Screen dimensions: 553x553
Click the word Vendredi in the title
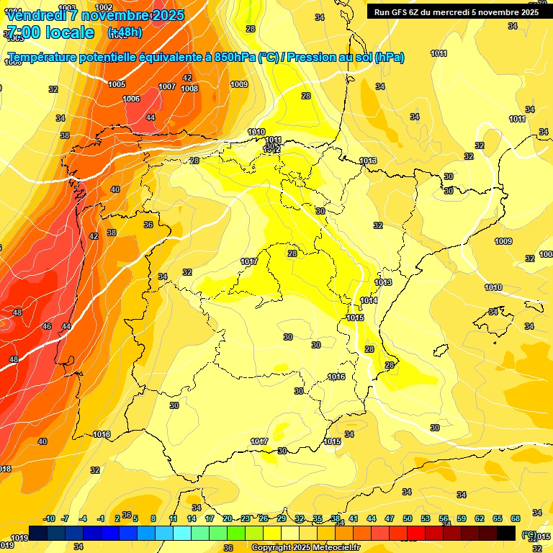click(36, 15)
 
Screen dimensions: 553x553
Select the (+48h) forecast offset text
click(125, 32)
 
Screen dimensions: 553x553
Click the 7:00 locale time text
click(50, 32)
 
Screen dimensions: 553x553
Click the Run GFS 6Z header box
click(457, 12)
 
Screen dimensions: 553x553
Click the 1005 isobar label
click(117, 84)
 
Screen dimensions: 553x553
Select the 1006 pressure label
click(131, 99)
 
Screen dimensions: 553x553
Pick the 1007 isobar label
click(167, 86)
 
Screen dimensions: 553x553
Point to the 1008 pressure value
click(189, 89)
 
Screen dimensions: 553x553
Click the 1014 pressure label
click(369, 300)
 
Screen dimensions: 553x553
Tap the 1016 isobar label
click(336, 377)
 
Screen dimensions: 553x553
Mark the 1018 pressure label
click(102, 434)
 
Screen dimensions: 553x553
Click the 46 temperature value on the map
click(47, 326)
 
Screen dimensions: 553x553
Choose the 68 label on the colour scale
click(516, 518)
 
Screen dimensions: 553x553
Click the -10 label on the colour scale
click(50, 518)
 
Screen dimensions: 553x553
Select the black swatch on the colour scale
click(506, 533)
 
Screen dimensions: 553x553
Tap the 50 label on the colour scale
click(408, 518)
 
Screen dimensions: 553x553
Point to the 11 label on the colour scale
click(174, 518)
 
